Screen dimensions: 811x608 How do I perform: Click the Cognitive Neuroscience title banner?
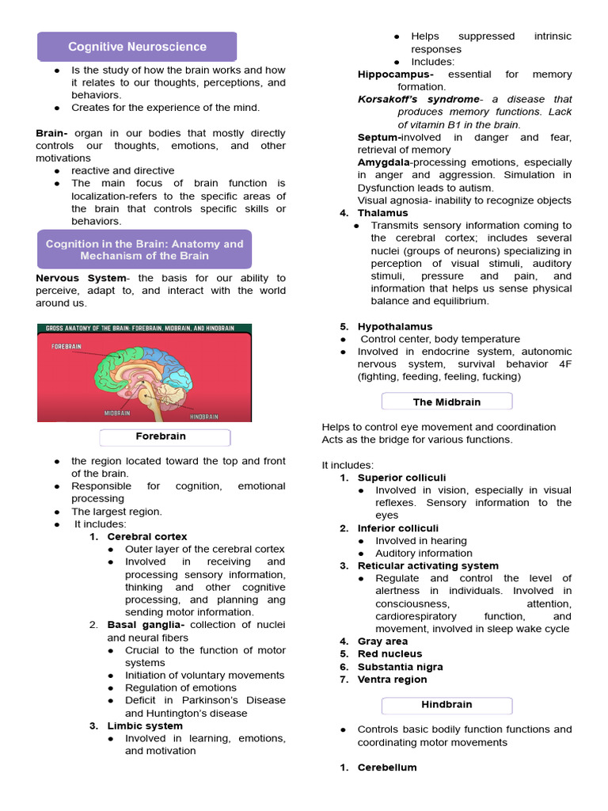137,47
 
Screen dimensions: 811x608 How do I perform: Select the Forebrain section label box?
165,437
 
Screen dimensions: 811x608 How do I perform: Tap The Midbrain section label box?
446,402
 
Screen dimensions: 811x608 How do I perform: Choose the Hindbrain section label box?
446,705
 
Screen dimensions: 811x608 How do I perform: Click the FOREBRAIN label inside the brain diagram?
67,346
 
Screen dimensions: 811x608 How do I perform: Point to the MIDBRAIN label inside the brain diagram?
118,413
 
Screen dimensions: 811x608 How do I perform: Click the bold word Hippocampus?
395,74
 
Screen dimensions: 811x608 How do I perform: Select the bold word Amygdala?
383,162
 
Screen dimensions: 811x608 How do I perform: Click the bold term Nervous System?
81,279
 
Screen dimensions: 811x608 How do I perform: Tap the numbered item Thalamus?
382,213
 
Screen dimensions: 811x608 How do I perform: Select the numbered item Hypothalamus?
394,326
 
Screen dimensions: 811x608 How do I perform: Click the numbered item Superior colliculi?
401,478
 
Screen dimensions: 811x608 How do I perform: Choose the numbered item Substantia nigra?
400,667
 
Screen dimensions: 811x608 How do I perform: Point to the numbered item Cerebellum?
386,767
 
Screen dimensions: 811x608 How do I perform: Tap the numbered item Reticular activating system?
427,566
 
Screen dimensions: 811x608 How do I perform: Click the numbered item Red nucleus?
389,654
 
